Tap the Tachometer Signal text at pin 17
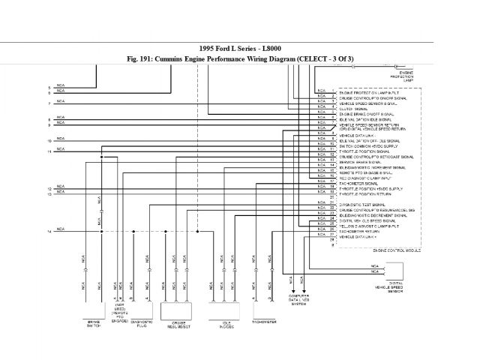tap(357, 181)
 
